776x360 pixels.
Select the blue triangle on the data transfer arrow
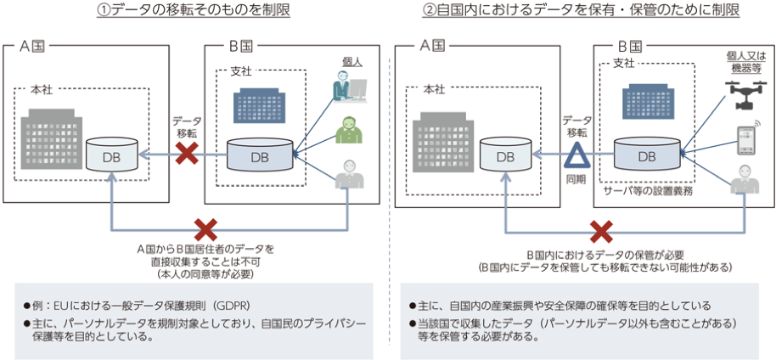(x=576, y=155)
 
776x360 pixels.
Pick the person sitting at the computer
(x=350, y=87)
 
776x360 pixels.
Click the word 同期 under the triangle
(x=576, y=180)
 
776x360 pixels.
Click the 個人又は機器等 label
(x=744, y=61)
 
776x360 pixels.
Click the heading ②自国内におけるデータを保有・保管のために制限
(x=581, y=11)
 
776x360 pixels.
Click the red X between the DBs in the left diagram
(x=188, y=154)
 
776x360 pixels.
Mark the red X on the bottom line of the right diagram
(x=601, y=232)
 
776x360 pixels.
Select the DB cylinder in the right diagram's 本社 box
(x=506, y=156)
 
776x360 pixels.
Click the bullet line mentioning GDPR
(x=147, y=304)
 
